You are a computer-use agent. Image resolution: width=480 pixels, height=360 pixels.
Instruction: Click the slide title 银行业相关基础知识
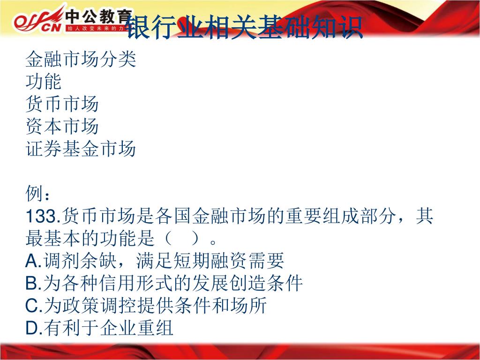[244, 27]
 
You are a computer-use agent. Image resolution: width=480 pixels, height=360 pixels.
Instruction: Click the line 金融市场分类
[81, 59]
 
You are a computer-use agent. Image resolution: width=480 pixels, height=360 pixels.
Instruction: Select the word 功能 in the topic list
[44, 82]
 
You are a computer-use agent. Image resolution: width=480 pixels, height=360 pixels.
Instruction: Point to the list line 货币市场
[62, 104]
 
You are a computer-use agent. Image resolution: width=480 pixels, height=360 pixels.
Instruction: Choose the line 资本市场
[62, 126]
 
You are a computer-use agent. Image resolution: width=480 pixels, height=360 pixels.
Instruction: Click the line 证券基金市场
[81, 149]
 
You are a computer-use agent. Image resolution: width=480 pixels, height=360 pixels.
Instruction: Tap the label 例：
[37, 194]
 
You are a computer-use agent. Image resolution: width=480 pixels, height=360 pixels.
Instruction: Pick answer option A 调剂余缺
[155, 261]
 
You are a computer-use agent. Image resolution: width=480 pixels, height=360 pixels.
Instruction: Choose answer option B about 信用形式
[164, 283]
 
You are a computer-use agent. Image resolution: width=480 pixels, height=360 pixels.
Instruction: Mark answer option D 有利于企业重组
[99, 328]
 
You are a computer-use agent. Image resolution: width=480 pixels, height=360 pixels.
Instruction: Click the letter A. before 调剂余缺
[33, 261]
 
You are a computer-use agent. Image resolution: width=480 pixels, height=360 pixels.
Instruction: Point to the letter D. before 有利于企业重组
[34, 328]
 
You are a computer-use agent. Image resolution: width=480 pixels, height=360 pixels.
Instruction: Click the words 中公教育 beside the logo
[98, 16]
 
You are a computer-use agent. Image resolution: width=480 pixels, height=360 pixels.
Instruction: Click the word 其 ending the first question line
[425, 216]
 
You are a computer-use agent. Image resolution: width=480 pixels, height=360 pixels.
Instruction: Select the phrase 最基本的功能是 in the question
[90, 239]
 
